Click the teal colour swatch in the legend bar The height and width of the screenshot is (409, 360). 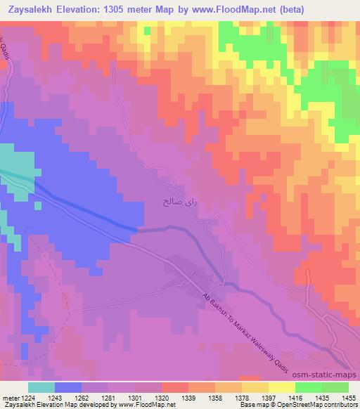tap(41, 387)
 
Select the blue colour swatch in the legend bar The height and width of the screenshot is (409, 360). tap(67, 387)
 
